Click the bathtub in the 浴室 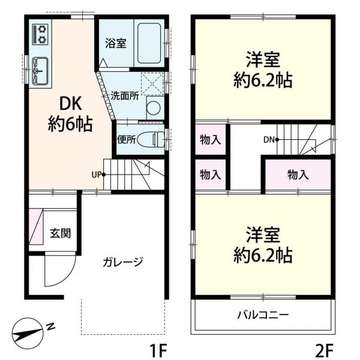click(149, 43)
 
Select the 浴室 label click(116, 43)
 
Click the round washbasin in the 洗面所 click(154, 108)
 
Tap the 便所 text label click(127, 139)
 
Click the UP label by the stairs click(96, 175)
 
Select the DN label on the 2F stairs click(268, 140)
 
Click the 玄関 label click(61, 233)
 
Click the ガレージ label click(122, 262)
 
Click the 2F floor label click(323, 347)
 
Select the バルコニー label click(263, 314)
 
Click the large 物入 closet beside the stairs click(298, 175)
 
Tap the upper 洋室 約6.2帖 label click(263, 70)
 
